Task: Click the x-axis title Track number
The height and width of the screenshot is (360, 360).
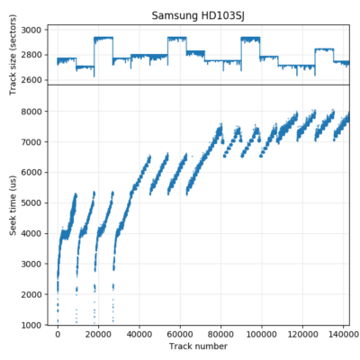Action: (199, 346)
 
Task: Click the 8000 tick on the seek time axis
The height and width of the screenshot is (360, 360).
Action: (35, 111)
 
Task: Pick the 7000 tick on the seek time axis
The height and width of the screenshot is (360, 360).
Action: (35, 141)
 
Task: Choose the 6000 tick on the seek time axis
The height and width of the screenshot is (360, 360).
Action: (35, 172)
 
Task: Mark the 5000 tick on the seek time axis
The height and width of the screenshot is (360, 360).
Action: (35, 202)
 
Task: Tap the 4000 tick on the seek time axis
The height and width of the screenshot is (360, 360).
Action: (35, 233)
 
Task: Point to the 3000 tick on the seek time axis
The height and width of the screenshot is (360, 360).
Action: (35, 264)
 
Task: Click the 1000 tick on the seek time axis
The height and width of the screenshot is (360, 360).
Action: (35, 325)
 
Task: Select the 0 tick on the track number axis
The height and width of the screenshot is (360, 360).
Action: (58, 334)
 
